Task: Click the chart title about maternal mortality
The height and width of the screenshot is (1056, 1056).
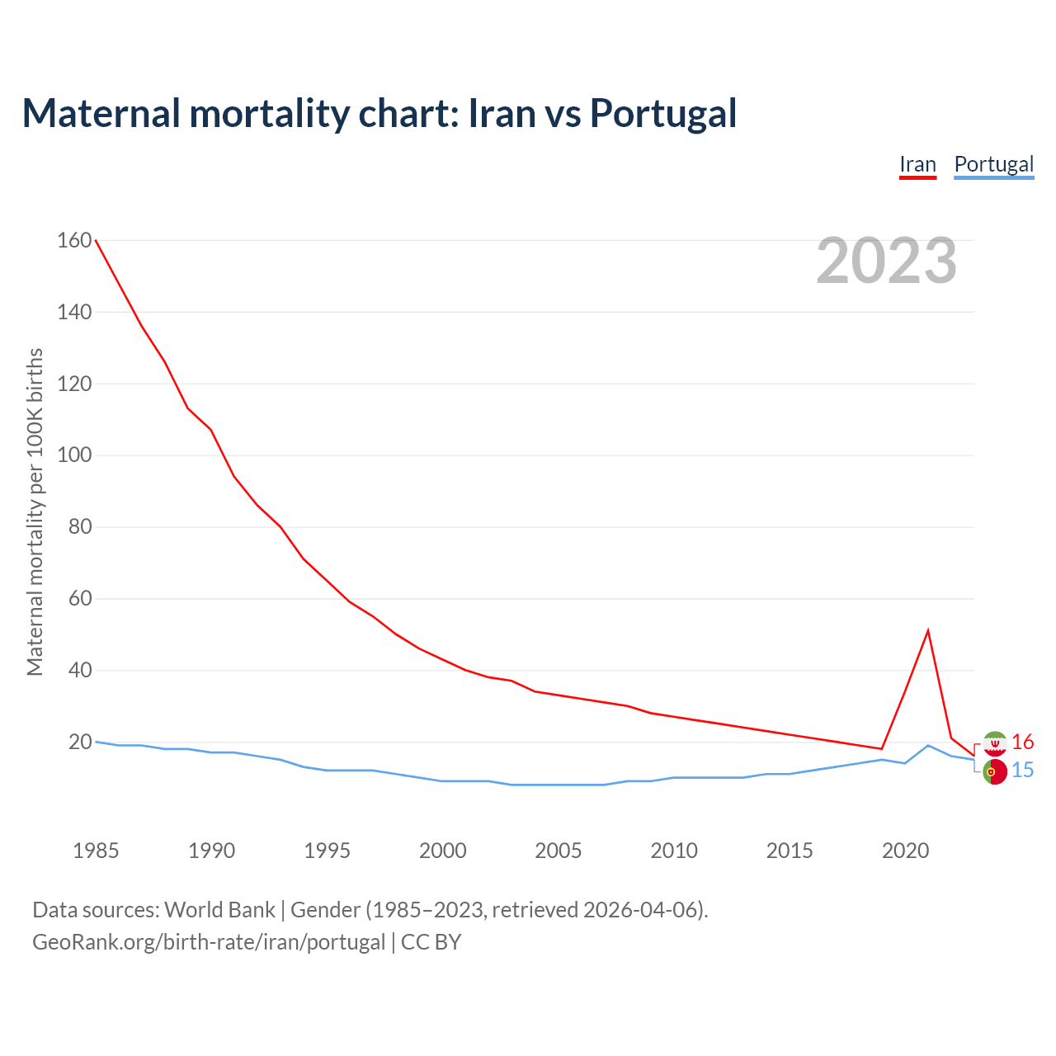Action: point(379,113)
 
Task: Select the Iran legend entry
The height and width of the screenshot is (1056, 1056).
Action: point(917,164)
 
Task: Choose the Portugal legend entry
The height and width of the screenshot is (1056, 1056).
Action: point(993,164)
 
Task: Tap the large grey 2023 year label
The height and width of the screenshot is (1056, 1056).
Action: point(886,261)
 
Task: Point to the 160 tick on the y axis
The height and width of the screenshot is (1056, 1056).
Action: point(74,240)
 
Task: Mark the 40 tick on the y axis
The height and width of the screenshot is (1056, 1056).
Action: point(79,671)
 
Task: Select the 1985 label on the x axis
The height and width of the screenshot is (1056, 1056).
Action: point(96,851)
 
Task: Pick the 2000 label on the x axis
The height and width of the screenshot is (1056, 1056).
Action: point(443,851)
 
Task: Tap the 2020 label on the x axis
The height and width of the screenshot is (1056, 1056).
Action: point(905,851)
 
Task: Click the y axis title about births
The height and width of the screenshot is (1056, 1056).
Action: point(35,511)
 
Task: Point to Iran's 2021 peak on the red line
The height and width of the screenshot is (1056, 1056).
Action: point(928,631)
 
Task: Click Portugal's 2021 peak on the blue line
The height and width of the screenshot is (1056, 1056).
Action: point(928,745)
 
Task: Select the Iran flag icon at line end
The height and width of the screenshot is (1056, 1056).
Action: point(995,743)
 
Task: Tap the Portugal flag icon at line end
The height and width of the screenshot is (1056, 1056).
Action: point(995,771)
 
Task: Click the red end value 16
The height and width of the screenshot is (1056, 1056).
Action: point(1022,742)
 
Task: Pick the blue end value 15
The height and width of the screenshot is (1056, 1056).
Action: point(1022,771)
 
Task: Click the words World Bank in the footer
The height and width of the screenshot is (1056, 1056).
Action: point(219,910)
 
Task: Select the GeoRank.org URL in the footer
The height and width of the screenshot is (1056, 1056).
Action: point(209,942)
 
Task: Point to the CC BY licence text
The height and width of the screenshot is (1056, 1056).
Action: point(431,942)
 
